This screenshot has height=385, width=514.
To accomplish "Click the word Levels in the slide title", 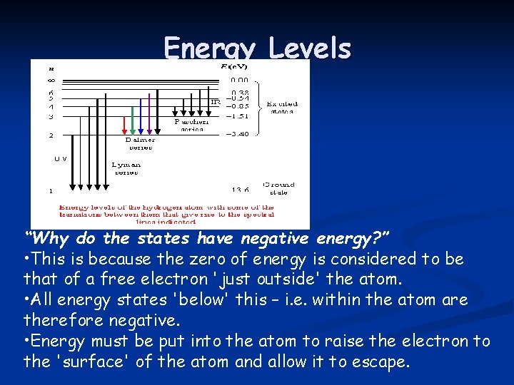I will tap(310, 49).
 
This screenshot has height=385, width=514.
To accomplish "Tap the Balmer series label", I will tap(140, 143).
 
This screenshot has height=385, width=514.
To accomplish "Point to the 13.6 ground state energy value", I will tap(241, 190).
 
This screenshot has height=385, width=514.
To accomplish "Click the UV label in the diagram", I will tap(61, 158).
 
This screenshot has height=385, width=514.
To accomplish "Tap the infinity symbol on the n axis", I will tap(51, 80).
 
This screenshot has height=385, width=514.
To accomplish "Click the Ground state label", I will tap(279, 188).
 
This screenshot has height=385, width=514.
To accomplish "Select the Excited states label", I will tap(281, 108).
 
